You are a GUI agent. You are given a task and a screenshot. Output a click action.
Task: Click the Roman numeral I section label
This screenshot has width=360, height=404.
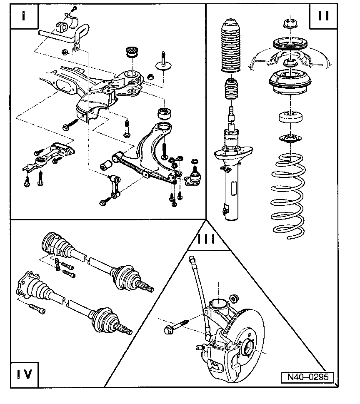coord(23,17)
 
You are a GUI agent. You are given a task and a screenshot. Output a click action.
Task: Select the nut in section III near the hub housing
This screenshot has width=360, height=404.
coord(234,298)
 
